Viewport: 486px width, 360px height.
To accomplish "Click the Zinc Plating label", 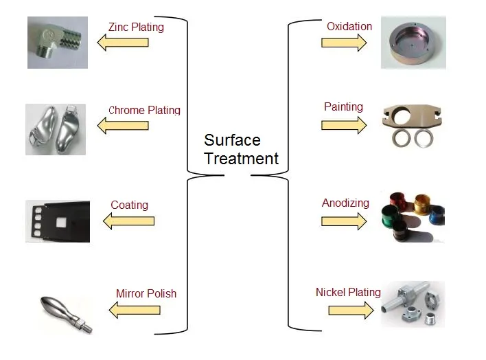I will click(x=136, y=27).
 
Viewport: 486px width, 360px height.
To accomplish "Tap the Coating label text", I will click(x=129, y=205).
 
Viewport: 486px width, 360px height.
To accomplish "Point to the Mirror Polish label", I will click(x=146, y=293).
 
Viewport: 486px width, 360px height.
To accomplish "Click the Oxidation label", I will click(x=349, y=27).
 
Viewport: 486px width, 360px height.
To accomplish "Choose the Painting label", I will click(x=343, y=107).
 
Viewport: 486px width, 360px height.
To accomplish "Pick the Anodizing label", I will click(x=345, y=203).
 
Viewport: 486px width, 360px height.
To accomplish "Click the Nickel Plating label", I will click(x=348, y=293).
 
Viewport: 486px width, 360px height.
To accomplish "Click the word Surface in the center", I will click(x=232, y=141).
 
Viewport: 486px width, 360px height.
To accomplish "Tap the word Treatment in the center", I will click(x=242, y=159).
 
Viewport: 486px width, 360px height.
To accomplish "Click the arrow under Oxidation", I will click(x=344, y=43).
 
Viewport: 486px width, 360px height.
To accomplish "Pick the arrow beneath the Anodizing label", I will click(x=344, y=221).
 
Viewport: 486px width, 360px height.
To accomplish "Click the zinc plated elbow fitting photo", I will click(x=58, y=42).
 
